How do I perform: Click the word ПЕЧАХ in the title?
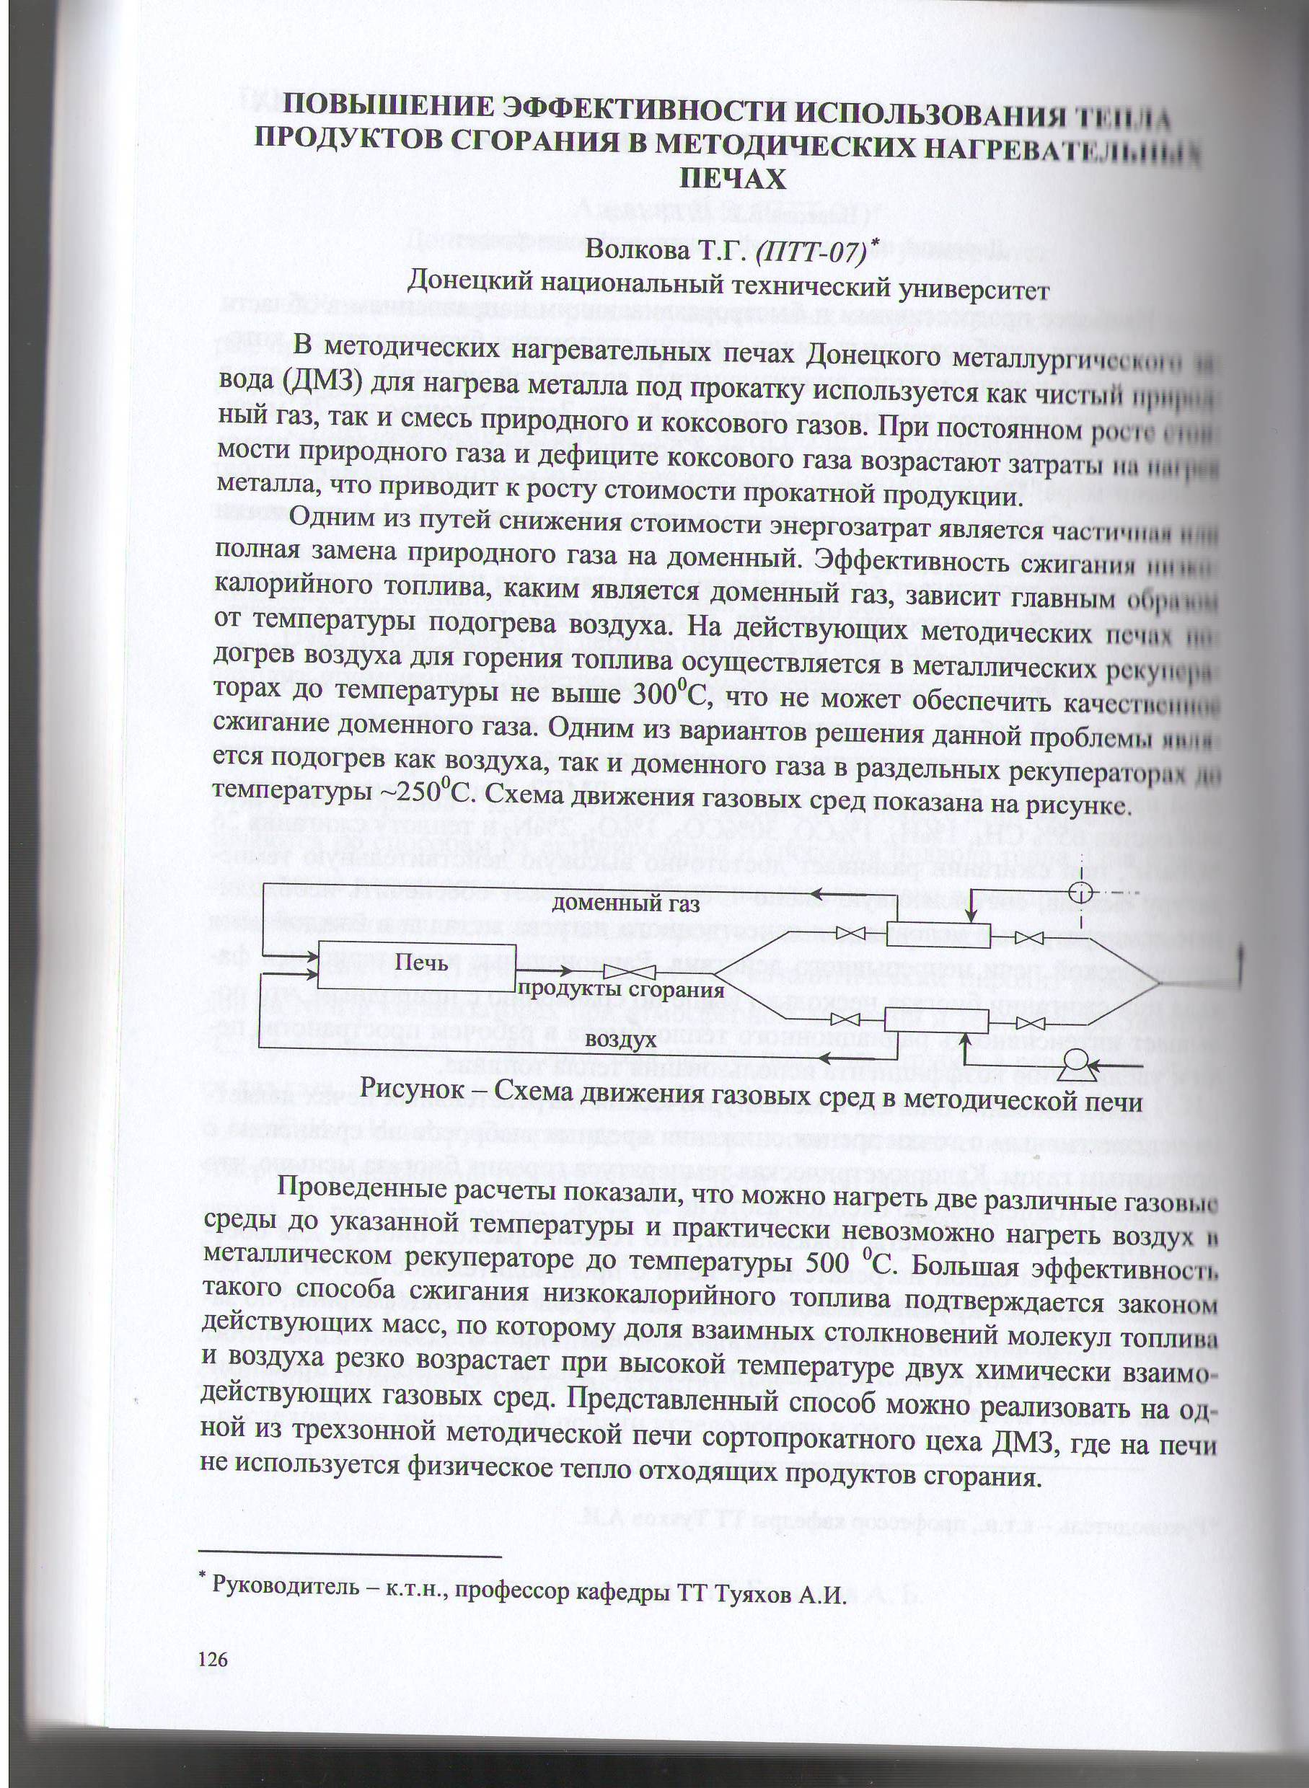[733, 180]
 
